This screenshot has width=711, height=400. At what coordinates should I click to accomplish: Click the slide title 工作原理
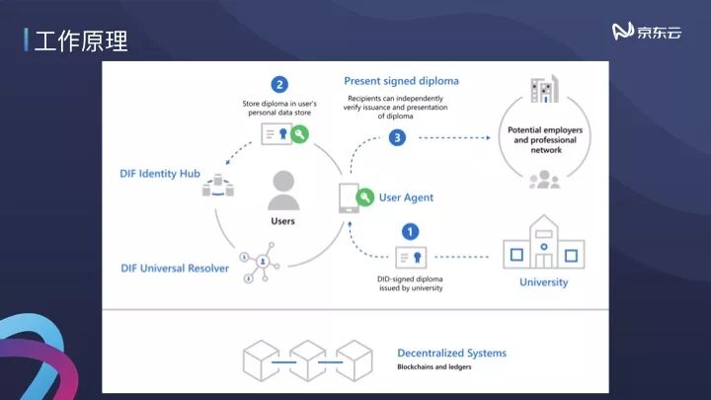point(80,40)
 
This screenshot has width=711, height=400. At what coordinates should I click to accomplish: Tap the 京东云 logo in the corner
point(647,33)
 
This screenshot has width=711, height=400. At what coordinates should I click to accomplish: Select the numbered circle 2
point(280,85)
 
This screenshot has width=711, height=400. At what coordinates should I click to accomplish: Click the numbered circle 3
point(397,138)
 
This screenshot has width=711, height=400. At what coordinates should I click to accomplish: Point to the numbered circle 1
point(410,232)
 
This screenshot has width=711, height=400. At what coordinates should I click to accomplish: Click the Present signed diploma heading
point(401,81)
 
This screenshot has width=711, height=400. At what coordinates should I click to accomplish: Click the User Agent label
point(406,198)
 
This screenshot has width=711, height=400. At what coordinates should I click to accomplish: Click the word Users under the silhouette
point(283,221)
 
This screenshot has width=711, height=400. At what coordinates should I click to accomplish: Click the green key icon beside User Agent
point(365,198)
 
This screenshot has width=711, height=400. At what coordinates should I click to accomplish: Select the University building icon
point(543,243)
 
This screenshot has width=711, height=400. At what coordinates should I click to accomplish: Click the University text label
point(543,282)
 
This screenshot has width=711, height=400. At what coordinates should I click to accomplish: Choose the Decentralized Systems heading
point(451,353)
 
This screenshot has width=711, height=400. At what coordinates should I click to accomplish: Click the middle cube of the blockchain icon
point(307,360)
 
